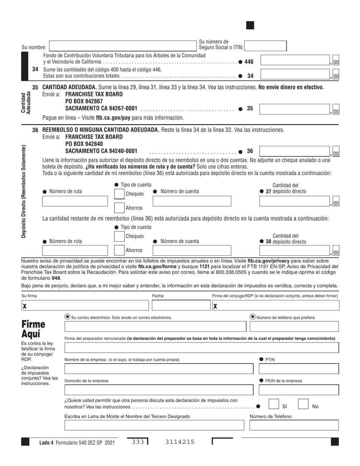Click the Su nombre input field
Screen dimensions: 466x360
[123, 46]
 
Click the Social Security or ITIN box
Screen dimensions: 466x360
[265, 46]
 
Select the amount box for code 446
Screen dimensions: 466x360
[294, 61]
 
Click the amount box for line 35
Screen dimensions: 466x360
[294, 109]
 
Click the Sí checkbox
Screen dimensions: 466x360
[274, 404]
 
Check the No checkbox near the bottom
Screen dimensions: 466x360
[303, 404]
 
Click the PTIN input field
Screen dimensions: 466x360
[299, 369]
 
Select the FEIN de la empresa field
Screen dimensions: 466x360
[299, 390]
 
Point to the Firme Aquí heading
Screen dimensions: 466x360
[33, 330]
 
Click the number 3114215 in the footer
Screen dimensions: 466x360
[180, 442]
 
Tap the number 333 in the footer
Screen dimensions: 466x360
[138, 442]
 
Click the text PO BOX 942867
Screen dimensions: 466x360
[84, 101]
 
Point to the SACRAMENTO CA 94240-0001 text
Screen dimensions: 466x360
[101, 151]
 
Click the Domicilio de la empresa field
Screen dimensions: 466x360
[159, 390]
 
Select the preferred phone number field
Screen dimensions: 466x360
[294, 326]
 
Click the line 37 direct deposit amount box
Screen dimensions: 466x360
[294, 201]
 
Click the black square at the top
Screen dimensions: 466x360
[250, 25]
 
